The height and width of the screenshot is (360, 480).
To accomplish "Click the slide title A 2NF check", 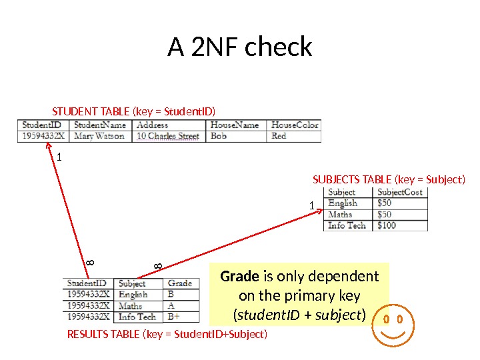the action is coord(239,47).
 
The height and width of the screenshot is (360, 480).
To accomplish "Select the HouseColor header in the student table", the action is coord(295,125).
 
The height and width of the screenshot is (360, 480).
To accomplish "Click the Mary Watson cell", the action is coord(99,136).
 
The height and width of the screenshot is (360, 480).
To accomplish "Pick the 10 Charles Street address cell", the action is coord(168,136).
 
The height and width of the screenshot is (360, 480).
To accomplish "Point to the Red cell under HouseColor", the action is coord(279,136).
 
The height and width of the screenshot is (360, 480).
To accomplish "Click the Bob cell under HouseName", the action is coord(219,136).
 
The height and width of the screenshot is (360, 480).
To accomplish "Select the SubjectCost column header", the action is coord(399,193).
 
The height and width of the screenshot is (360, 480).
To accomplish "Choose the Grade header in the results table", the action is coord(180,283).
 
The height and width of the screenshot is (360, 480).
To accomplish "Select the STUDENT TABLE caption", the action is coord(134,111).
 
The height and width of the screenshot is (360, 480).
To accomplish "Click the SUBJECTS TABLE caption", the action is coord(389,179).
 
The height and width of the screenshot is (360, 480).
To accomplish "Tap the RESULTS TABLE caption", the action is coord(167,333).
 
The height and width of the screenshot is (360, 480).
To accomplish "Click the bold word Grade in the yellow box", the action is coord(240,277).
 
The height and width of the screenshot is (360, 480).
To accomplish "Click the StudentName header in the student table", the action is coord(100,125).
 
